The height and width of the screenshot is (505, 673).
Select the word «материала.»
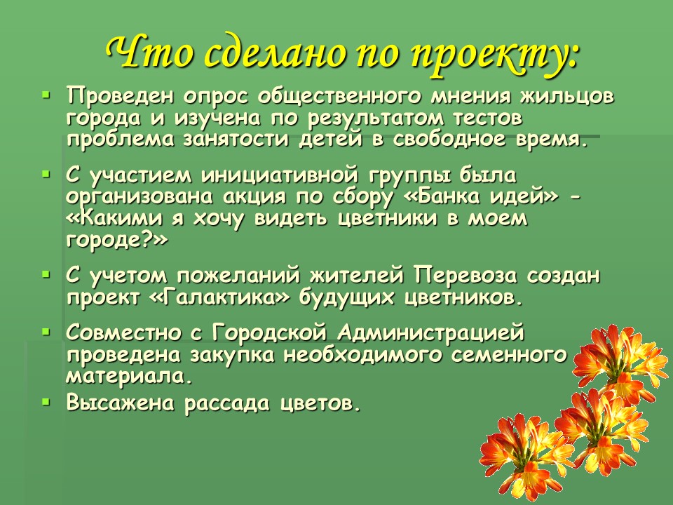click(128, 376)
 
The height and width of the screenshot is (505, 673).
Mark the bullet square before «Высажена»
click(47, 403)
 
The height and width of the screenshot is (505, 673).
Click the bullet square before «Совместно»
click(47, 331)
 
